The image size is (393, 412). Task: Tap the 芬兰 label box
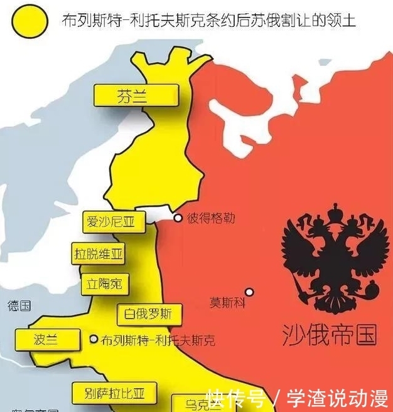click(x=136, y=96)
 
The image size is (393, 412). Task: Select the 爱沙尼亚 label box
click(x=110, y=221)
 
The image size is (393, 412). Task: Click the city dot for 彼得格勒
click(x=178, y=218)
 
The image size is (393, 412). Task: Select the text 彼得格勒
click(x=211, y=218)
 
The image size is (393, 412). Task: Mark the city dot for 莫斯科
click(x=249, y=292)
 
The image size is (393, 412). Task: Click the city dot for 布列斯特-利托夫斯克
click(x=94, y=339)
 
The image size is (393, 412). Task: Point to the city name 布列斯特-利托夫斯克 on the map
click(x=158, y=341)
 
